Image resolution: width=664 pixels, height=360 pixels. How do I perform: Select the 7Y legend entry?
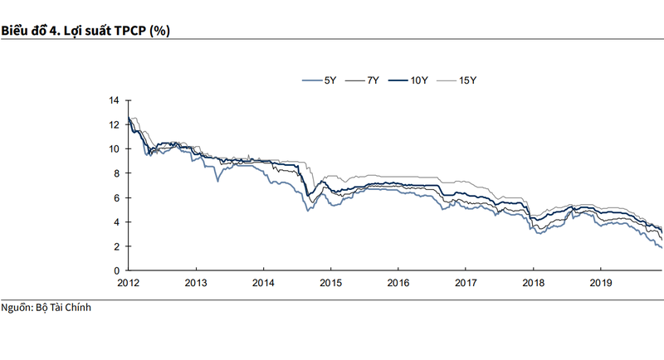click(x=373, y=80)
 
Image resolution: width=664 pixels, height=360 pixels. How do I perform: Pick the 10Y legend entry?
click(x=418, y=80)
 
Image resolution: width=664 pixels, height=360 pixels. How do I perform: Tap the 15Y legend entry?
click(x=466, y=80)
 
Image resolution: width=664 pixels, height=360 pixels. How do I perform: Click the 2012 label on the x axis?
click(x=129, y=282)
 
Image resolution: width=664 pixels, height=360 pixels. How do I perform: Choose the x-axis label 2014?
click(x=263, y=282)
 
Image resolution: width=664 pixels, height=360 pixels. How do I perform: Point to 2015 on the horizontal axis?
click(x=330, y=282)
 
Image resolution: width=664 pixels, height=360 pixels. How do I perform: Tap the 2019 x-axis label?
click(x=599, y=282)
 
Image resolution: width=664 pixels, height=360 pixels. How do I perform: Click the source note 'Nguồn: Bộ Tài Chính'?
click(x=46, y=309)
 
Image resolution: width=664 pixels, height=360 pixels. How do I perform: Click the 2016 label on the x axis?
click(x=398, y=282)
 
